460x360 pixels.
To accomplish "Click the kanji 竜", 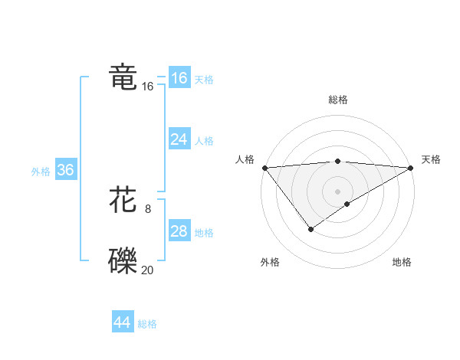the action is (x=123, y=78).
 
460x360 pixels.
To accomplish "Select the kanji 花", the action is (x=123, y=201).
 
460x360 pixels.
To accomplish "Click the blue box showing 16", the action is (x=179, y=78).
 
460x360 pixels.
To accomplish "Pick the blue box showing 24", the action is (x=179, y=139).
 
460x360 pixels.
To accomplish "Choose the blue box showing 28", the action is (x=179, y=231).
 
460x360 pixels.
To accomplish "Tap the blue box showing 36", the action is (x=65, y=170).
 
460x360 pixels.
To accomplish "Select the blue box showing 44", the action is (x=123, y=322).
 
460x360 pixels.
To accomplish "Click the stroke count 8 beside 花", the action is (x=148, y=209).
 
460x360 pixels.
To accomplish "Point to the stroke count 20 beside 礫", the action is (x=147, y=270).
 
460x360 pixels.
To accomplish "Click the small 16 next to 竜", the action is (x=147, y=87).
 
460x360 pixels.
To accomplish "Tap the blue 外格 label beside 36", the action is (x=41, y=172).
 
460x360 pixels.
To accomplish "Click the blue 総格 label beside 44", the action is (x=147, y=324).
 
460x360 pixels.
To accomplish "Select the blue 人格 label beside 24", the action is (x=204, y=141).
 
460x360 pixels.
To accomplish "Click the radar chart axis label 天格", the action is (x=431, y=159).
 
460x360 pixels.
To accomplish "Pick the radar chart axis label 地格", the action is (x=402, y=262).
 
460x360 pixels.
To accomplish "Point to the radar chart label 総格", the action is (x=337, y=100).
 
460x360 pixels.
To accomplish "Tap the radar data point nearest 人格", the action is (x=264, y=167).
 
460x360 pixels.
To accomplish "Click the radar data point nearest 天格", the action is (x=410, y=167).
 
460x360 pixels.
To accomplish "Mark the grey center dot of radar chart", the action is (x=337, y=191).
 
